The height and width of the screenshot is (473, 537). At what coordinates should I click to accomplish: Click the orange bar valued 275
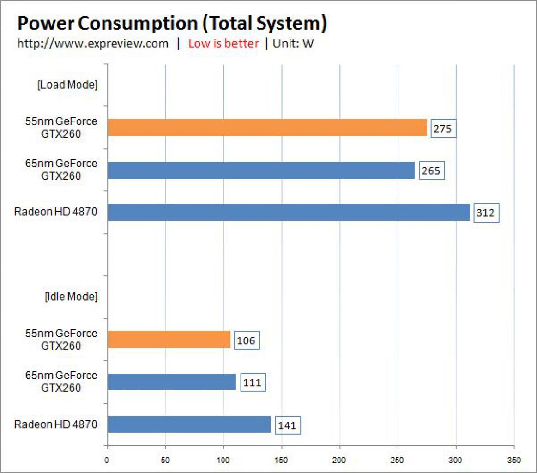(x=267, y=127)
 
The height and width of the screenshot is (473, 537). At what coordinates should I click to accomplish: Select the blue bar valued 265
(x=261, y=170)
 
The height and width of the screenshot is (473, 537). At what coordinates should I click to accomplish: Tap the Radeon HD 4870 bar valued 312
(x=289, y=212)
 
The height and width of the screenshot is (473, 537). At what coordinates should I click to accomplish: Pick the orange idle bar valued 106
(x=169, y=340)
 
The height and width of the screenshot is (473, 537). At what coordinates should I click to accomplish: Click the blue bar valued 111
(x=172, y=382)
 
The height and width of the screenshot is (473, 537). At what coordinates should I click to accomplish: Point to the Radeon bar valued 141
(x=189, y=424)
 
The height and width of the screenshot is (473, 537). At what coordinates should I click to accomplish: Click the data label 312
(x=486, y=212)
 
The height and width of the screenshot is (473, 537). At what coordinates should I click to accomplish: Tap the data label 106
(x=247, y=340)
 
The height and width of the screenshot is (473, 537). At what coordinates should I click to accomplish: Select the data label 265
(x=432, y=170)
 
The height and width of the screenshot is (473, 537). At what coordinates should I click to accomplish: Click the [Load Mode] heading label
(x=67, y=85)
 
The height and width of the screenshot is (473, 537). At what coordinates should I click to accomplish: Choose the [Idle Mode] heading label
(x=71, y=297)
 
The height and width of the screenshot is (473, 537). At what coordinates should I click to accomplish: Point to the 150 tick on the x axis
(x=281, y=460)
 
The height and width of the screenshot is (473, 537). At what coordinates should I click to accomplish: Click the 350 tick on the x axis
(x=514, y=460)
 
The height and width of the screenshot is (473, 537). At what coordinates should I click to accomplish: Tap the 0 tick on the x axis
(x=107, y=460)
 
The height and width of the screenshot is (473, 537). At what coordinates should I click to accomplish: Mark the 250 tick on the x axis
(x=397, y=460)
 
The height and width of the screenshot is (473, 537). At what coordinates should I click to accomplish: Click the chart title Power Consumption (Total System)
(x=172, y=23)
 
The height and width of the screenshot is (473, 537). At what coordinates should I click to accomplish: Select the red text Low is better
(x=223, y=43)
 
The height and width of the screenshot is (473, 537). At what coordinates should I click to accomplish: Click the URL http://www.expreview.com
(x=93, y=43)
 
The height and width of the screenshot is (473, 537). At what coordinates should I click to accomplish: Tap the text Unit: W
(x=293, y=43)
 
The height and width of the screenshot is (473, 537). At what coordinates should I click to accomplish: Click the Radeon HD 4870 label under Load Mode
(x=56, y=212)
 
